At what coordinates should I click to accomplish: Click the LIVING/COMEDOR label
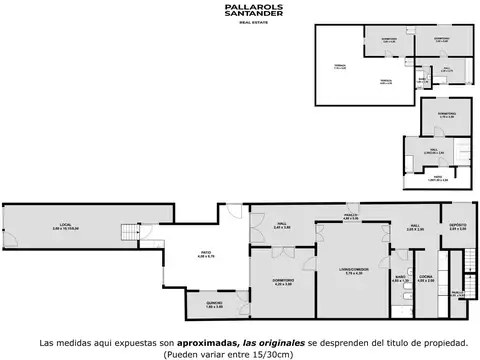pyautogui.click(x=350, y=271)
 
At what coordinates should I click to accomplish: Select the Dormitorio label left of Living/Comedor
pyautogui.click(x=282, y=283)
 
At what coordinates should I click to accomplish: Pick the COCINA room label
pyautogui.click(x=425, y=279)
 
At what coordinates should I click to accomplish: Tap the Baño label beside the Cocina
pyautogui.click(x=399, y=279)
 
